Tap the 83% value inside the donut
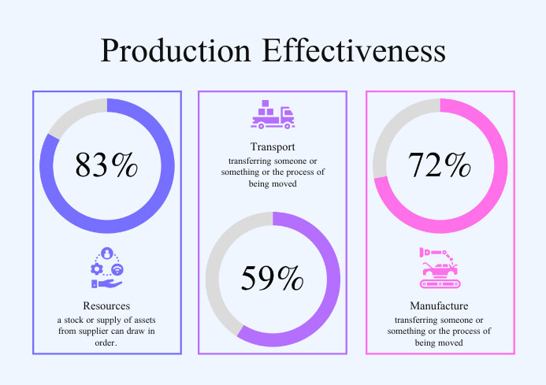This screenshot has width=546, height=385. click(106, 165)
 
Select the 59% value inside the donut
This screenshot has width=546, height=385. click(272, 279)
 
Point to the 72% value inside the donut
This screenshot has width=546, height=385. click(439, 165)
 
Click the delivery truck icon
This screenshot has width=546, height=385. click(272, 115)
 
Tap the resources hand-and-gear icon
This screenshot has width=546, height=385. click(106, 268)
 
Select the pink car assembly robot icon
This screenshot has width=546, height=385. click(439, 268)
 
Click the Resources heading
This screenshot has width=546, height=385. click(106, 305)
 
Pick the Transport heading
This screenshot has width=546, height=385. click(272, 147)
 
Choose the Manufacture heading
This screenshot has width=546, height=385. click(439, 305)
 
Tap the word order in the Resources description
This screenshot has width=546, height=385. click(106, 342)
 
